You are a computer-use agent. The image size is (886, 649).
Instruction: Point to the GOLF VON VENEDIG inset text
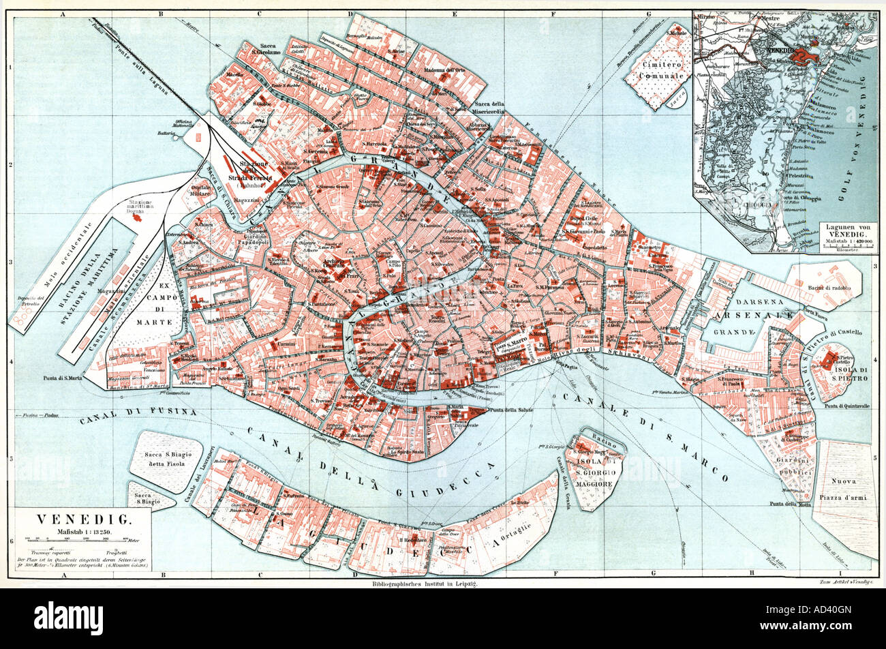pos(861,136)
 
